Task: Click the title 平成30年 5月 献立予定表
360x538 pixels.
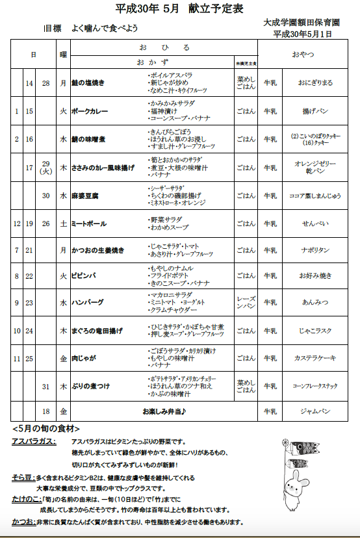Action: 179,8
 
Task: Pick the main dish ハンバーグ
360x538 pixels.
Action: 88,302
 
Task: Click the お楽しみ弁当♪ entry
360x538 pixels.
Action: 164,411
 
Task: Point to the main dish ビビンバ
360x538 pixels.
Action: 85,275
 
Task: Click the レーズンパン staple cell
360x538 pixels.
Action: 246,302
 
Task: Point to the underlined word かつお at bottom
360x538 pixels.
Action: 24,522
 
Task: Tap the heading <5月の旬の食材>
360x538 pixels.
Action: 46,429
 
